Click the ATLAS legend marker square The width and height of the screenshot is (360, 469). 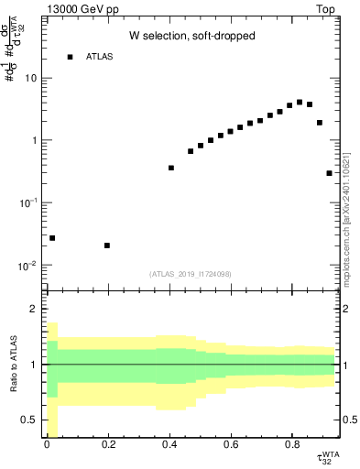coord(70,57)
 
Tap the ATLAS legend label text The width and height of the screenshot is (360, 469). coord(101,57)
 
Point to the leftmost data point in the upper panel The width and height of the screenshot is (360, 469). coord(52,238)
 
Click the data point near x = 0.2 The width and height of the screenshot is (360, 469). coord(107,245)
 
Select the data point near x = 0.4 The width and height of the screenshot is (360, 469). coord(171,168)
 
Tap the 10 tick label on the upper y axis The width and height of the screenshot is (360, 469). coord(30,78)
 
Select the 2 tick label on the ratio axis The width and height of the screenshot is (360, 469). coord(36,309)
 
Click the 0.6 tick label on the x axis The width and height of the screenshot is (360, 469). coord(230,446)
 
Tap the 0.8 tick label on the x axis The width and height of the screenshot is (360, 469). coord(291,446)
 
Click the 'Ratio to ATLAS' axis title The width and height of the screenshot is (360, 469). coord(13,365)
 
